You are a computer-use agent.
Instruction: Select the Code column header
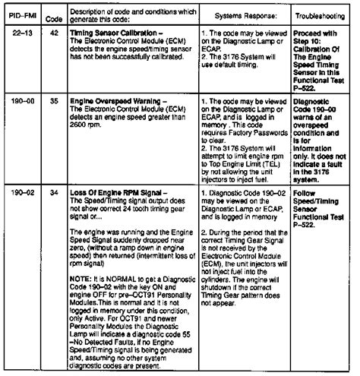[52, 14]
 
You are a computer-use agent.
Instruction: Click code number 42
[52, 35]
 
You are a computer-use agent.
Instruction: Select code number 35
[52, 100]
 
